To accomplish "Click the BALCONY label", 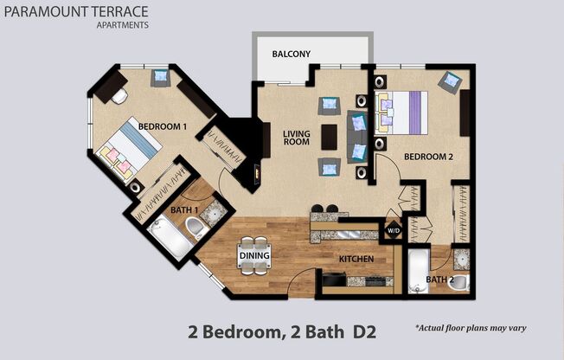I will (291, 55).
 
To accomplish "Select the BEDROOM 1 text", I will (163, 126).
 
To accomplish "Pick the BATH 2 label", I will (439, 280).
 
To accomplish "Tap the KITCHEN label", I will (356, 259).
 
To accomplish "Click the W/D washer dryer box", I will (393, 231).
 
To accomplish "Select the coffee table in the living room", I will (329, 137).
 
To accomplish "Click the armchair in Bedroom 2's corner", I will (450, 82).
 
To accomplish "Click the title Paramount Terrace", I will (76, 11).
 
